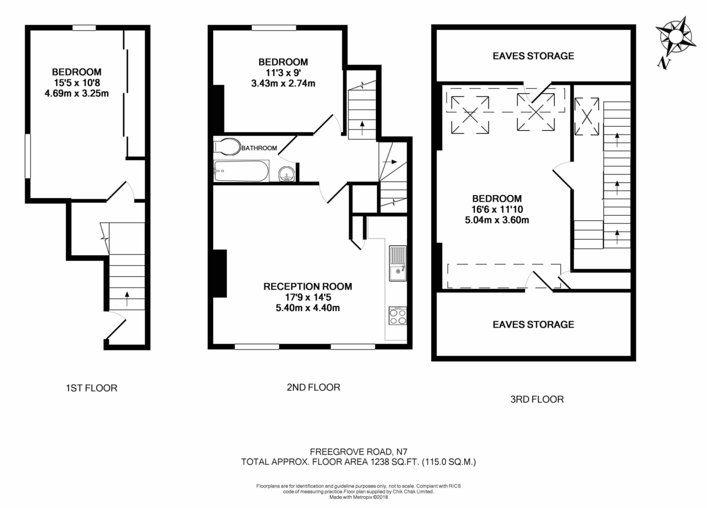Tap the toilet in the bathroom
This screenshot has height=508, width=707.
click(x=227, y=147)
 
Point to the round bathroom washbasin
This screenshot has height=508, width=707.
click(x=286, y=173)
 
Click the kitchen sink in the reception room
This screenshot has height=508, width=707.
click(x=397, y=262)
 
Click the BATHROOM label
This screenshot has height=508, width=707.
click(x=259, y=148)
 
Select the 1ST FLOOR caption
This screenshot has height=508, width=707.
click(x=91, y=388)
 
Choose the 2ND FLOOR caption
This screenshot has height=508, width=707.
click(x=314, y=387)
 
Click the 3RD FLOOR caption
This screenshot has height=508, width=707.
click(x=537, y=399)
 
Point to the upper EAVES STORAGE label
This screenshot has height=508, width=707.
click(x=533, y=56)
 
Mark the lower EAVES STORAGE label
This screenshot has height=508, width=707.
click(x=533, y=324)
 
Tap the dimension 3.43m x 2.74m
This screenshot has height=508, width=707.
click(x=283, y=83)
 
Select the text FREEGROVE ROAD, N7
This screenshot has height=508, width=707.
click(x=358, y=452)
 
